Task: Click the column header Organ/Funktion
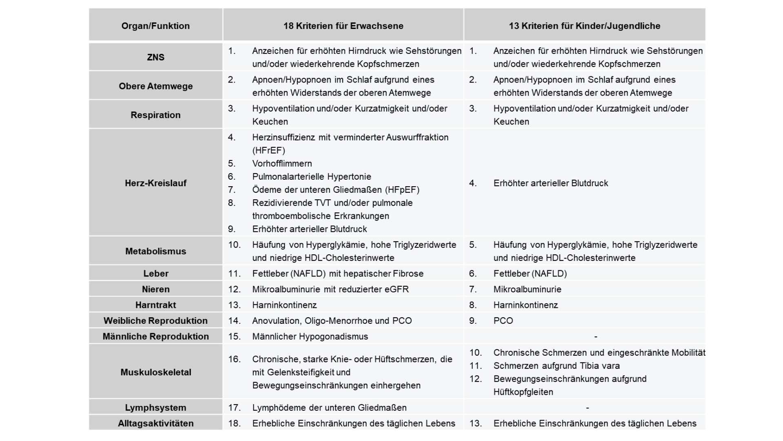coord(155,26)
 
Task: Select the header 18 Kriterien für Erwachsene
coord(343,26)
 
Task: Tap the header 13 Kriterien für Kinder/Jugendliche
coord(584,26)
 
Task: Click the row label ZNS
coord(155,57)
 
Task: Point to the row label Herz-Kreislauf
coord(155,183)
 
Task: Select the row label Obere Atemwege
coord(155,86)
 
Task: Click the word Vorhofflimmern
coord(282,163)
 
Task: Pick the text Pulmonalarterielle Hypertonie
coord(312,176)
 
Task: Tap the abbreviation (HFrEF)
coord(268,150)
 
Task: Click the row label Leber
coord(155,274)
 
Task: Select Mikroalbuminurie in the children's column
coord(527,289)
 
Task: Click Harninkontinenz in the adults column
coord(284,305)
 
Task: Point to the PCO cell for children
coord(503,321)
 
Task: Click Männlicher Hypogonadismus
coord(310,336)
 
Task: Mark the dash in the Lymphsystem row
coord(587,408)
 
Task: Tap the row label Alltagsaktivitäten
coord(155,423)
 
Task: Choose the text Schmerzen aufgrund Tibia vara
coord(556,366)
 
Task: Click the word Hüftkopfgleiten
coord(523,392)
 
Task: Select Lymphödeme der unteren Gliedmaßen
coord(329,408)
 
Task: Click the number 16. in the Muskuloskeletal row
coord(234,359)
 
